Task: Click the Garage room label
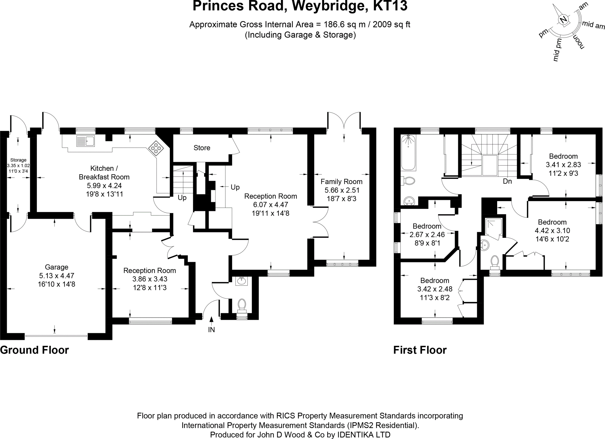pyautogui.click(x=56, y=267)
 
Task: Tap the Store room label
pyautogui.click(x=202, y=148)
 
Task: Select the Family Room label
pyautogui.click(x=341, y=181)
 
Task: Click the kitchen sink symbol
pyautogui.click(x=85, y=141)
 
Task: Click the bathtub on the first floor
pyautogui.click(x=408, y=153)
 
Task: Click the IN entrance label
pyautogui.click(x=211, y=330)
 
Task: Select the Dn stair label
pyautogui.click(x=507, y=181)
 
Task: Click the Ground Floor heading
pyautogui.click(x=35, y=350)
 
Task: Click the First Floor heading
pyautogui.click(x=420, y=350)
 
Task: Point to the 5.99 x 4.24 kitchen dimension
pyautogui.click(x=104, y=185)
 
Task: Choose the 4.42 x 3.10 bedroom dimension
pyautogui.click(x=552, y=230)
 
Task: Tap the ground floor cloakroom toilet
pyautogui.click(x=242, y=305)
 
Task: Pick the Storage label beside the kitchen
pyautogui.click(x=18, y=160)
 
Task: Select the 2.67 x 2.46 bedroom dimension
pyautogui.click(x=427, y=235)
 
